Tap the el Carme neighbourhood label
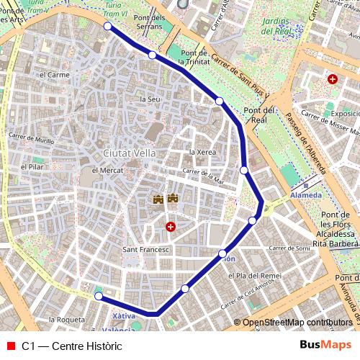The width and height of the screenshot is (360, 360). click(x=54, y=74)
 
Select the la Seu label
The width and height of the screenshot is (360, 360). click(x=150, y=99)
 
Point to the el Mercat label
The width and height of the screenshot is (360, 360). click(x=106, y=171)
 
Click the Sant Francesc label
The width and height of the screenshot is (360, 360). click(x=145, y=250)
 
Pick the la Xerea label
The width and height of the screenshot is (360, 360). click(x=202, y=153)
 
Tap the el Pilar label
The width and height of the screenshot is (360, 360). click(x=33, y=167)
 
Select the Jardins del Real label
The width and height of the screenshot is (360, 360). click(x=277, y=27)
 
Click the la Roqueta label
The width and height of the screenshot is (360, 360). click(x=66, y=319)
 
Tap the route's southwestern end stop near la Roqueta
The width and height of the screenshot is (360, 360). click(x=98, y=295)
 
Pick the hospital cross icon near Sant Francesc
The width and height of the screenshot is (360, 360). click(x=171, y=227)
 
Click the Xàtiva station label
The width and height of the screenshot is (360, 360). click(x=125, y=317)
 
